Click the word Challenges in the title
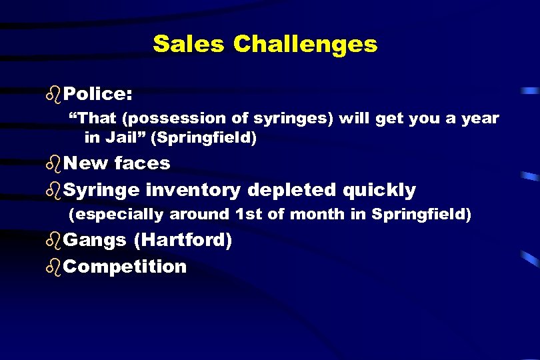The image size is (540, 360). coord(305,45)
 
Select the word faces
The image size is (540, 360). coord(142,163)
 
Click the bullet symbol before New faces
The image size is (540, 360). coord(56,163)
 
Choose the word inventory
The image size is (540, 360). coord(193,190)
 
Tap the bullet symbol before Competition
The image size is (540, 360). coord(56,266)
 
